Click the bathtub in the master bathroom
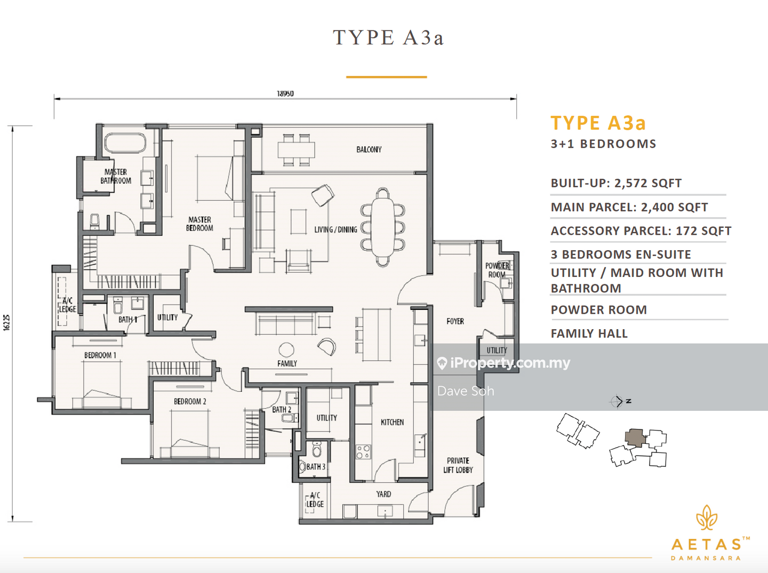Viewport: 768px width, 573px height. tap(125, 143)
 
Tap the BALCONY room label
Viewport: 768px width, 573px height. tap(369, 149)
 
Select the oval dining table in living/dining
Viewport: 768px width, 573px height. tap(382, 227)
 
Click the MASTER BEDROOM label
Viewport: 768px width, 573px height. tap(199, 224)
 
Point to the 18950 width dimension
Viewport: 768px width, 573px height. tap(285, 93)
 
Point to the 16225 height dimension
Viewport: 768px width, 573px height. tap(6, 323)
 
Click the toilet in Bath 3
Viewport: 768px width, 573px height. tap(317, 451)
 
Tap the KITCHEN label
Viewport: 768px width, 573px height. tap(392, 422)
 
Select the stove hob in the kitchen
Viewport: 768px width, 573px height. tap(363, 452)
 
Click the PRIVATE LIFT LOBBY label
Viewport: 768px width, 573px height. tap(458, 465)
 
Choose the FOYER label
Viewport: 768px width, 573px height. tap(455, 321)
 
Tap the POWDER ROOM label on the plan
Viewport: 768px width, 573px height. tap(497, 270)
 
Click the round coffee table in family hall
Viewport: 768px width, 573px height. tap(286, 349)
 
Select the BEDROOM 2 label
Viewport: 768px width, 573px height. tap(190, 401)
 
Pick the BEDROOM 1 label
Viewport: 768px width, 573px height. tap(100, 355)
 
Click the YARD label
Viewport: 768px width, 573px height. tap(383, 494)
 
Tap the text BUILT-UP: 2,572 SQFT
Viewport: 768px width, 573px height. tap(616, 183)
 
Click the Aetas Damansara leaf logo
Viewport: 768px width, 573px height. tap(706, 518)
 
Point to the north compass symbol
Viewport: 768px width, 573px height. tap(618, 401)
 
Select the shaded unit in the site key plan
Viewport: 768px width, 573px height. tap(634, 437)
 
